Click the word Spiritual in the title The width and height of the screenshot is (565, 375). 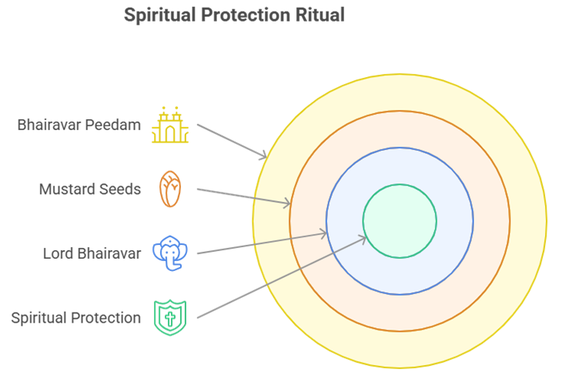tap(158, 15)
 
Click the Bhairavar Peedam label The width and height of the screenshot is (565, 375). tap(79, 124)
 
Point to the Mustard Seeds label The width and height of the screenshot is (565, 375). tap(90, 189)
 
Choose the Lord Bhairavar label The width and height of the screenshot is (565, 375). tap(92, 253)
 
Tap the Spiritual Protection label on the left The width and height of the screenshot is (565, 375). tap(75, 317)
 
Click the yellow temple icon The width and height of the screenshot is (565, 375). tap(170, 124)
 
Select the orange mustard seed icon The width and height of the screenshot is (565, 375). tap(170, 189)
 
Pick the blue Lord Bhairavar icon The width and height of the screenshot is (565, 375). tap(170, 253)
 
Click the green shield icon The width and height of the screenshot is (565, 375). tap(170, 317)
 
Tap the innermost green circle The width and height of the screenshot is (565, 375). tap(400, 221)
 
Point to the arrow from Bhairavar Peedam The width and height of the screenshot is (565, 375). tap(231, 140)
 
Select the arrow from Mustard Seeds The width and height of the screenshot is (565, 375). tap(242, 196)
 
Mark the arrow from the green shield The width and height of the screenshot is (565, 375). tap(281, 277)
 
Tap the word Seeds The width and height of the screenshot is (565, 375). tap(121, 189)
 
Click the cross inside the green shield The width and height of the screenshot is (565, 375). tap(170, 316)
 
